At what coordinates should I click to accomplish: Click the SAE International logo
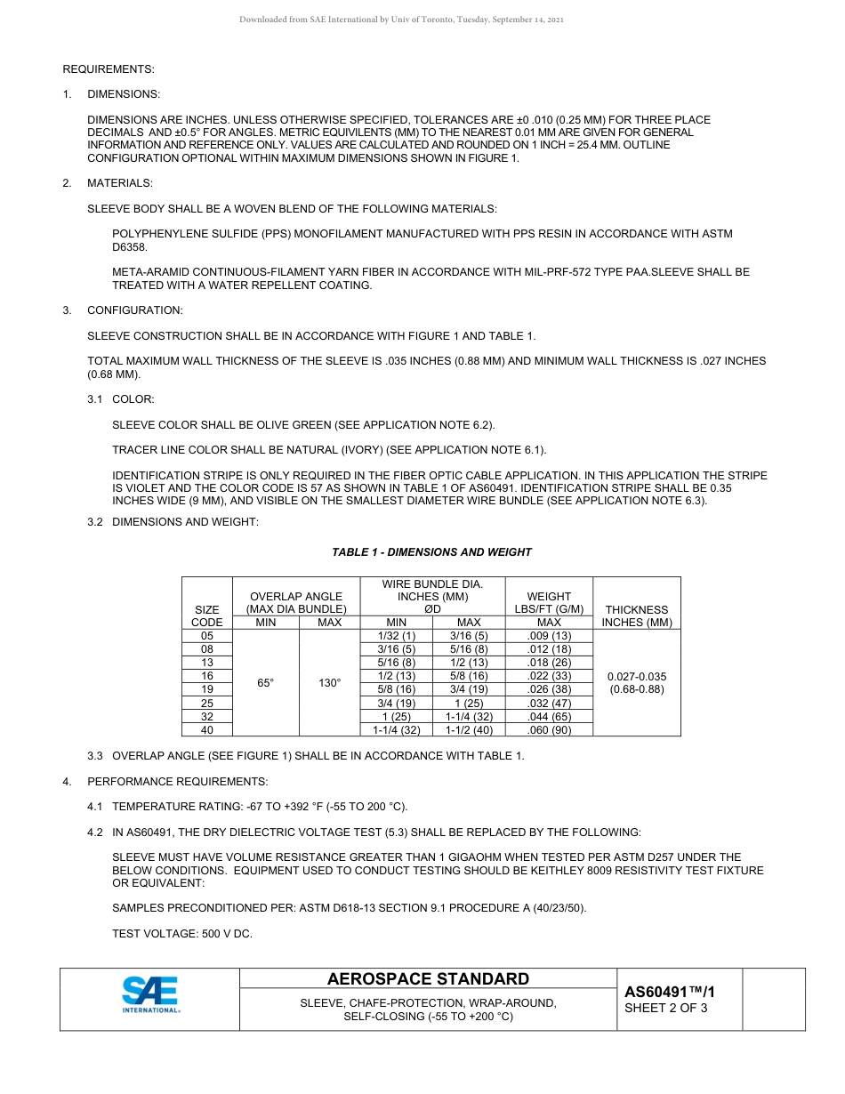point(151,994)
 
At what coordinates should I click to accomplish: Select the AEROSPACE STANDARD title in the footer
point(428,979)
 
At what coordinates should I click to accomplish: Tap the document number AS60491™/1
point(670,992)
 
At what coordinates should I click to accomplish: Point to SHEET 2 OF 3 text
point(666,1008)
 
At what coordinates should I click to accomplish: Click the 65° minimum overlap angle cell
point(265,683)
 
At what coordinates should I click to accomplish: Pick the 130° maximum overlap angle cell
point(329,683)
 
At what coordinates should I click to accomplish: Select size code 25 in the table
point(206,703)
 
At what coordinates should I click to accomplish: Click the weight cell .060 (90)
point(549,729)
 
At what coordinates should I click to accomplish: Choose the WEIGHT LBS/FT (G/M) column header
point(549,603)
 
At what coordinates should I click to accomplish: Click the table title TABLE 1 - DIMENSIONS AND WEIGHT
point(431,552)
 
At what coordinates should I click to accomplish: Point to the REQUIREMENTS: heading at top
point(109,68)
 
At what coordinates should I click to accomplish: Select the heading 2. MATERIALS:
point(119,183)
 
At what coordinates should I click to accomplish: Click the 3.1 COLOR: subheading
point(133,399)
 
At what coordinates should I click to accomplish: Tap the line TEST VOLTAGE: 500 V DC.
point(181,934)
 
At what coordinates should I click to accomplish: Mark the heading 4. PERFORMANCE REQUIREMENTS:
point(176,782)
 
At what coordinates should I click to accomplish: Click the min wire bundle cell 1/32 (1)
point(394,636)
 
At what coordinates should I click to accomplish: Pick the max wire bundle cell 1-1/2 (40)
point(468,729)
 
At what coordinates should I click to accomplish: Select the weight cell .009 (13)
point(549,636)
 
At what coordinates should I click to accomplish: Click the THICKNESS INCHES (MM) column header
point(636,615)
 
